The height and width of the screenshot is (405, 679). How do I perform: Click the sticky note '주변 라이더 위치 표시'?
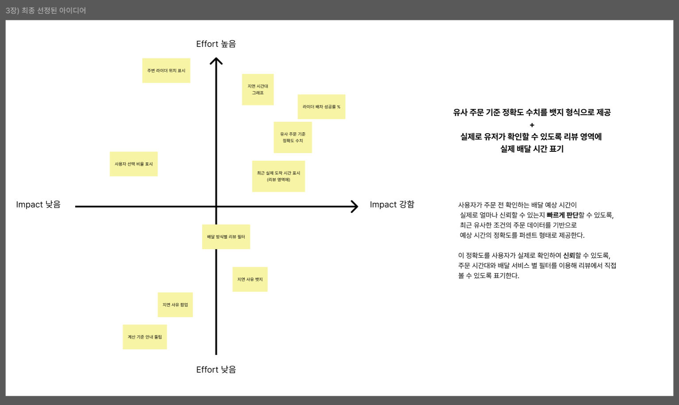[x=166, y=70]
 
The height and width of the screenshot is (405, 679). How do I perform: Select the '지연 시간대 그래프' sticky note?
[x=258, y=89]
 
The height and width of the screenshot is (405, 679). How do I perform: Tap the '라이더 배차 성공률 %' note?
[x=321, y=107]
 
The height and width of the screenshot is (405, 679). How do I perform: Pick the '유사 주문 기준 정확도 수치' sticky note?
[x=293, y=137]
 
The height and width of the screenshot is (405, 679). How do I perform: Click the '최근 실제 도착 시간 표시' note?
[x=278, y=176]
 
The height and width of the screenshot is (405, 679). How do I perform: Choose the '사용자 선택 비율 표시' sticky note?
[x=134, y=164]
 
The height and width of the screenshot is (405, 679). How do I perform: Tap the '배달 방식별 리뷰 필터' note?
[x=226, y=237]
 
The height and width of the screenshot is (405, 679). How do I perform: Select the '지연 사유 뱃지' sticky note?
[x=250, y=279]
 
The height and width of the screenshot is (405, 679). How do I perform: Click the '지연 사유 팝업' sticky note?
[x=175, y=305]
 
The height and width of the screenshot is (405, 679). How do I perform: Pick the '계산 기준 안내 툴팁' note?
[x=145, y=337]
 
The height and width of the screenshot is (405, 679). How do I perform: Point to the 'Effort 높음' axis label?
[x=216, y=44]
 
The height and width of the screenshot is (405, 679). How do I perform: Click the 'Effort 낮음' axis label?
[x=216, y=370]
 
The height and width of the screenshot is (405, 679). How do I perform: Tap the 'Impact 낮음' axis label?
[x=38, y=204]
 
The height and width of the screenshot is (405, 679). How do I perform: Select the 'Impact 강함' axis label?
[x=392, y=204]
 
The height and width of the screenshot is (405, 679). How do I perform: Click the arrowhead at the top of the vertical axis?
[x=216, y=61]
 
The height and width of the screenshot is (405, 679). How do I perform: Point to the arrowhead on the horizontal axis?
[x=355, y=206]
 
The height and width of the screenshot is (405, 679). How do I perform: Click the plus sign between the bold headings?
[x=532, y=125]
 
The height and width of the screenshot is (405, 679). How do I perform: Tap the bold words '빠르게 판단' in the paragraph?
[x=562, y=215]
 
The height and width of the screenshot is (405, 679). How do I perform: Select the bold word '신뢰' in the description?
[x=569, y=255]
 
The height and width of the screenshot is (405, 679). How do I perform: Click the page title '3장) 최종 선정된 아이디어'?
[x=46, y=10]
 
